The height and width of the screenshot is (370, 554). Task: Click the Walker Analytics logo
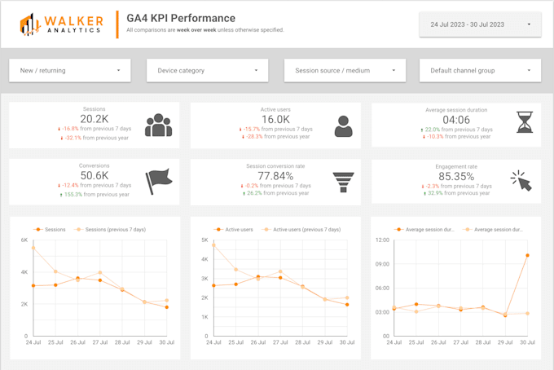click(62, 24)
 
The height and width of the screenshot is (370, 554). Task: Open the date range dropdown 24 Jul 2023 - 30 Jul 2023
click(480, 24)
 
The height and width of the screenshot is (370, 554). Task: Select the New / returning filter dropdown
click(70, 71)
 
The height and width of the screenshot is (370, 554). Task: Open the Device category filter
click(207, 71)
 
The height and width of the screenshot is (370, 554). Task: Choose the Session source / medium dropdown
click(345, 71)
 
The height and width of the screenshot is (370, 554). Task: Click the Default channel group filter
click(480, 71)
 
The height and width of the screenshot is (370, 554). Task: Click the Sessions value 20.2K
click(94, 119)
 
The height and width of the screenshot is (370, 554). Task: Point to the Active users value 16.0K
click(275, 119)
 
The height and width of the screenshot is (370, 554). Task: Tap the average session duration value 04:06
click(457, 120)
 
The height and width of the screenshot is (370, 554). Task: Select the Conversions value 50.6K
click(94, 175)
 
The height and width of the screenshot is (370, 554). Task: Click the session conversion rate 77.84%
click(275, 175)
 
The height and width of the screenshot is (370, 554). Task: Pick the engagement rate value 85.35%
click(457, 175)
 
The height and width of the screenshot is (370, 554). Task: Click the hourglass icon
click(525, 123)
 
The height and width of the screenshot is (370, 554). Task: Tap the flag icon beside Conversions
click(157, 180)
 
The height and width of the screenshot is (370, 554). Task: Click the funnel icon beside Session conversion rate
click(343, 181)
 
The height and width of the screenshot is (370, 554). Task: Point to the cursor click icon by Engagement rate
click(521, 181)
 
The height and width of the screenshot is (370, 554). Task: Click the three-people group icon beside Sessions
click(158, 126)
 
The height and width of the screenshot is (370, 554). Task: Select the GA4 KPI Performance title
click(181, 18)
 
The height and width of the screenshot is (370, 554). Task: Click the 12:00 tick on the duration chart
click(381, 240)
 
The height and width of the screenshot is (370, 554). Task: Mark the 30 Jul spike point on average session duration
click(527, 255)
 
